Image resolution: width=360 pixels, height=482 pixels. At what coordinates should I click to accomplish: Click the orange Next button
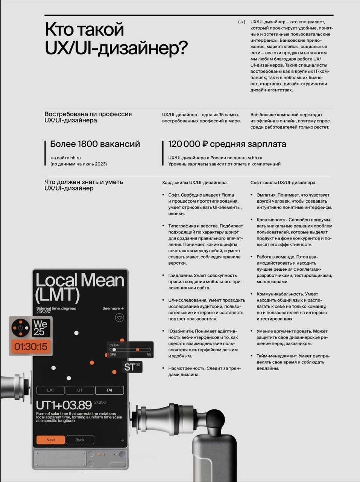coord(50,440)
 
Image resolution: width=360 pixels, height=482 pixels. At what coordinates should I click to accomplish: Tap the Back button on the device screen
coord(80,440)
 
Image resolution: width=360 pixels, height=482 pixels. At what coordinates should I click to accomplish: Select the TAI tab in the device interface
coord(109,390)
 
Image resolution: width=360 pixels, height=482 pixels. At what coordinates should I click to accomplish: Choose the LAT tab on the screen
coord(50,390)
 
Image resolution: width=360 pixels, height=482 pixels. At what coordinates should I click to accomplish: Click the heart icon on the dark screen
coord(119,318)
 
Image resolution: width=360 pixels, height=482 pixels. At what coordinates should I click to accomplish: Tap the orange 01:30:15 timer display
coord(31,346)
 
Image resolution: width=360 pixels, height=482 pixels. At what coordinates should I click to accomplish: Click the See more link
coord(113,308)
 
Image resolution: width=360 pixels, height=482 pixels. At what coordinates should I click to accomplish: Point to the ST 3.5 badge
coord(132,367)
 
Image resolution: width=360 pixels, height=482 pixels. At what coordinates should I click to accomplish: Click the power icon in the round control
coord(20,328)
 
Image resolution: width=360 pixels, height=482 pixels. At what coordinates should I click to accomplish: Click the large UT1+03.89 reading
coord(64,405)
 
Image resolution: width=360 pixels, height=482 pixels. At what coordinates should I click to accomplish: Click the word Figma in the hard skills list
coord(228,195)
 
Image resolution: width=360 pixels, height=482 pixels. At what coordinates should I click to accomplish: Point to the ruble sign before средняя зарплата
coord(205,144)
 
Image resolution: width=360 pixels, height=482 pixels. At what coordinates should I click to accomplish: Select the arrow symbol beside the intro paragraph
coord(242,22)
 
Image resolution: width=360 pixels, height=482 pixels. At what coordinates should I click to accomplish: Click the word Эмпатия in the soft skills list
coord(266,195)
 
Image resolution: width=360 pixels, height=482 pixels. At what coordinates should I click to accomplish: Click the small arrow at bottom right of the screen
coord(122,440)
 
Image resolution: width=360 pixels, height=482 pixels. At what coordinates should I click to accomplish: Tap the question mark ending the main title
coord(182,49)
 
